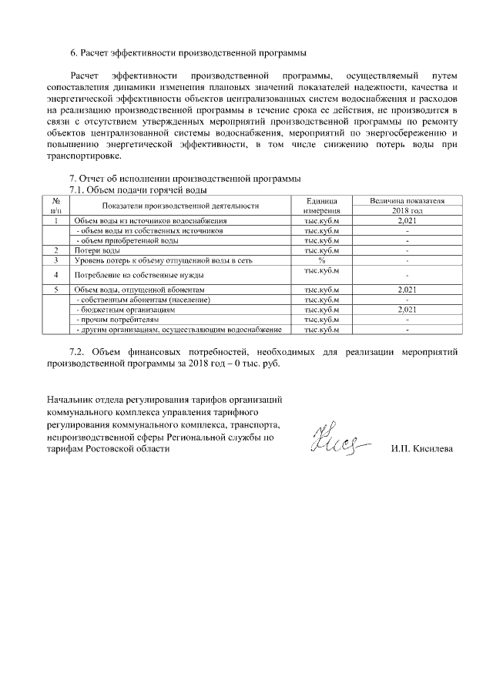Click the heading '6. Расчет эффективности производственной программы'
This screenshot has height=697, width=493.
tap(188, 53)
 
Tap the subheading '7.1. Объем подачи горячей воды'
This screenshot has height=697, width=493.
tap(138, 189)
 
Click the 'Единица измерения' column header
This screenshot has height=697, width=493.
tap(322, 205)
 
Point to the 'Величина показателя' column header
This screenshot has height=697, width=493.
tap(407, 200)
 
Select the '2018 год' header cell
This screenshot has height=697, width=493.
tap(407, 210)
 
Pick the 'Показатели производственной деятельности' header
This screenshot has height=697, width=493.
tap(177, 206)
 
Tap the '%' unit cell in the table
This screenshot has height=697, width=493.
tap(322, 260)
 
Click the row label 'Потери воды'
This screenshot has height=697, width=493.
tap(96, 250)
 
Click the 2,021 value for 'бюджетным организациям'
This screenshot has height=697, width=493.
tap(407, 309)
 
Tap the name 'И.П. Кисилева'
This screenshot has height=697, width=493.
tap(422, 448)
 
